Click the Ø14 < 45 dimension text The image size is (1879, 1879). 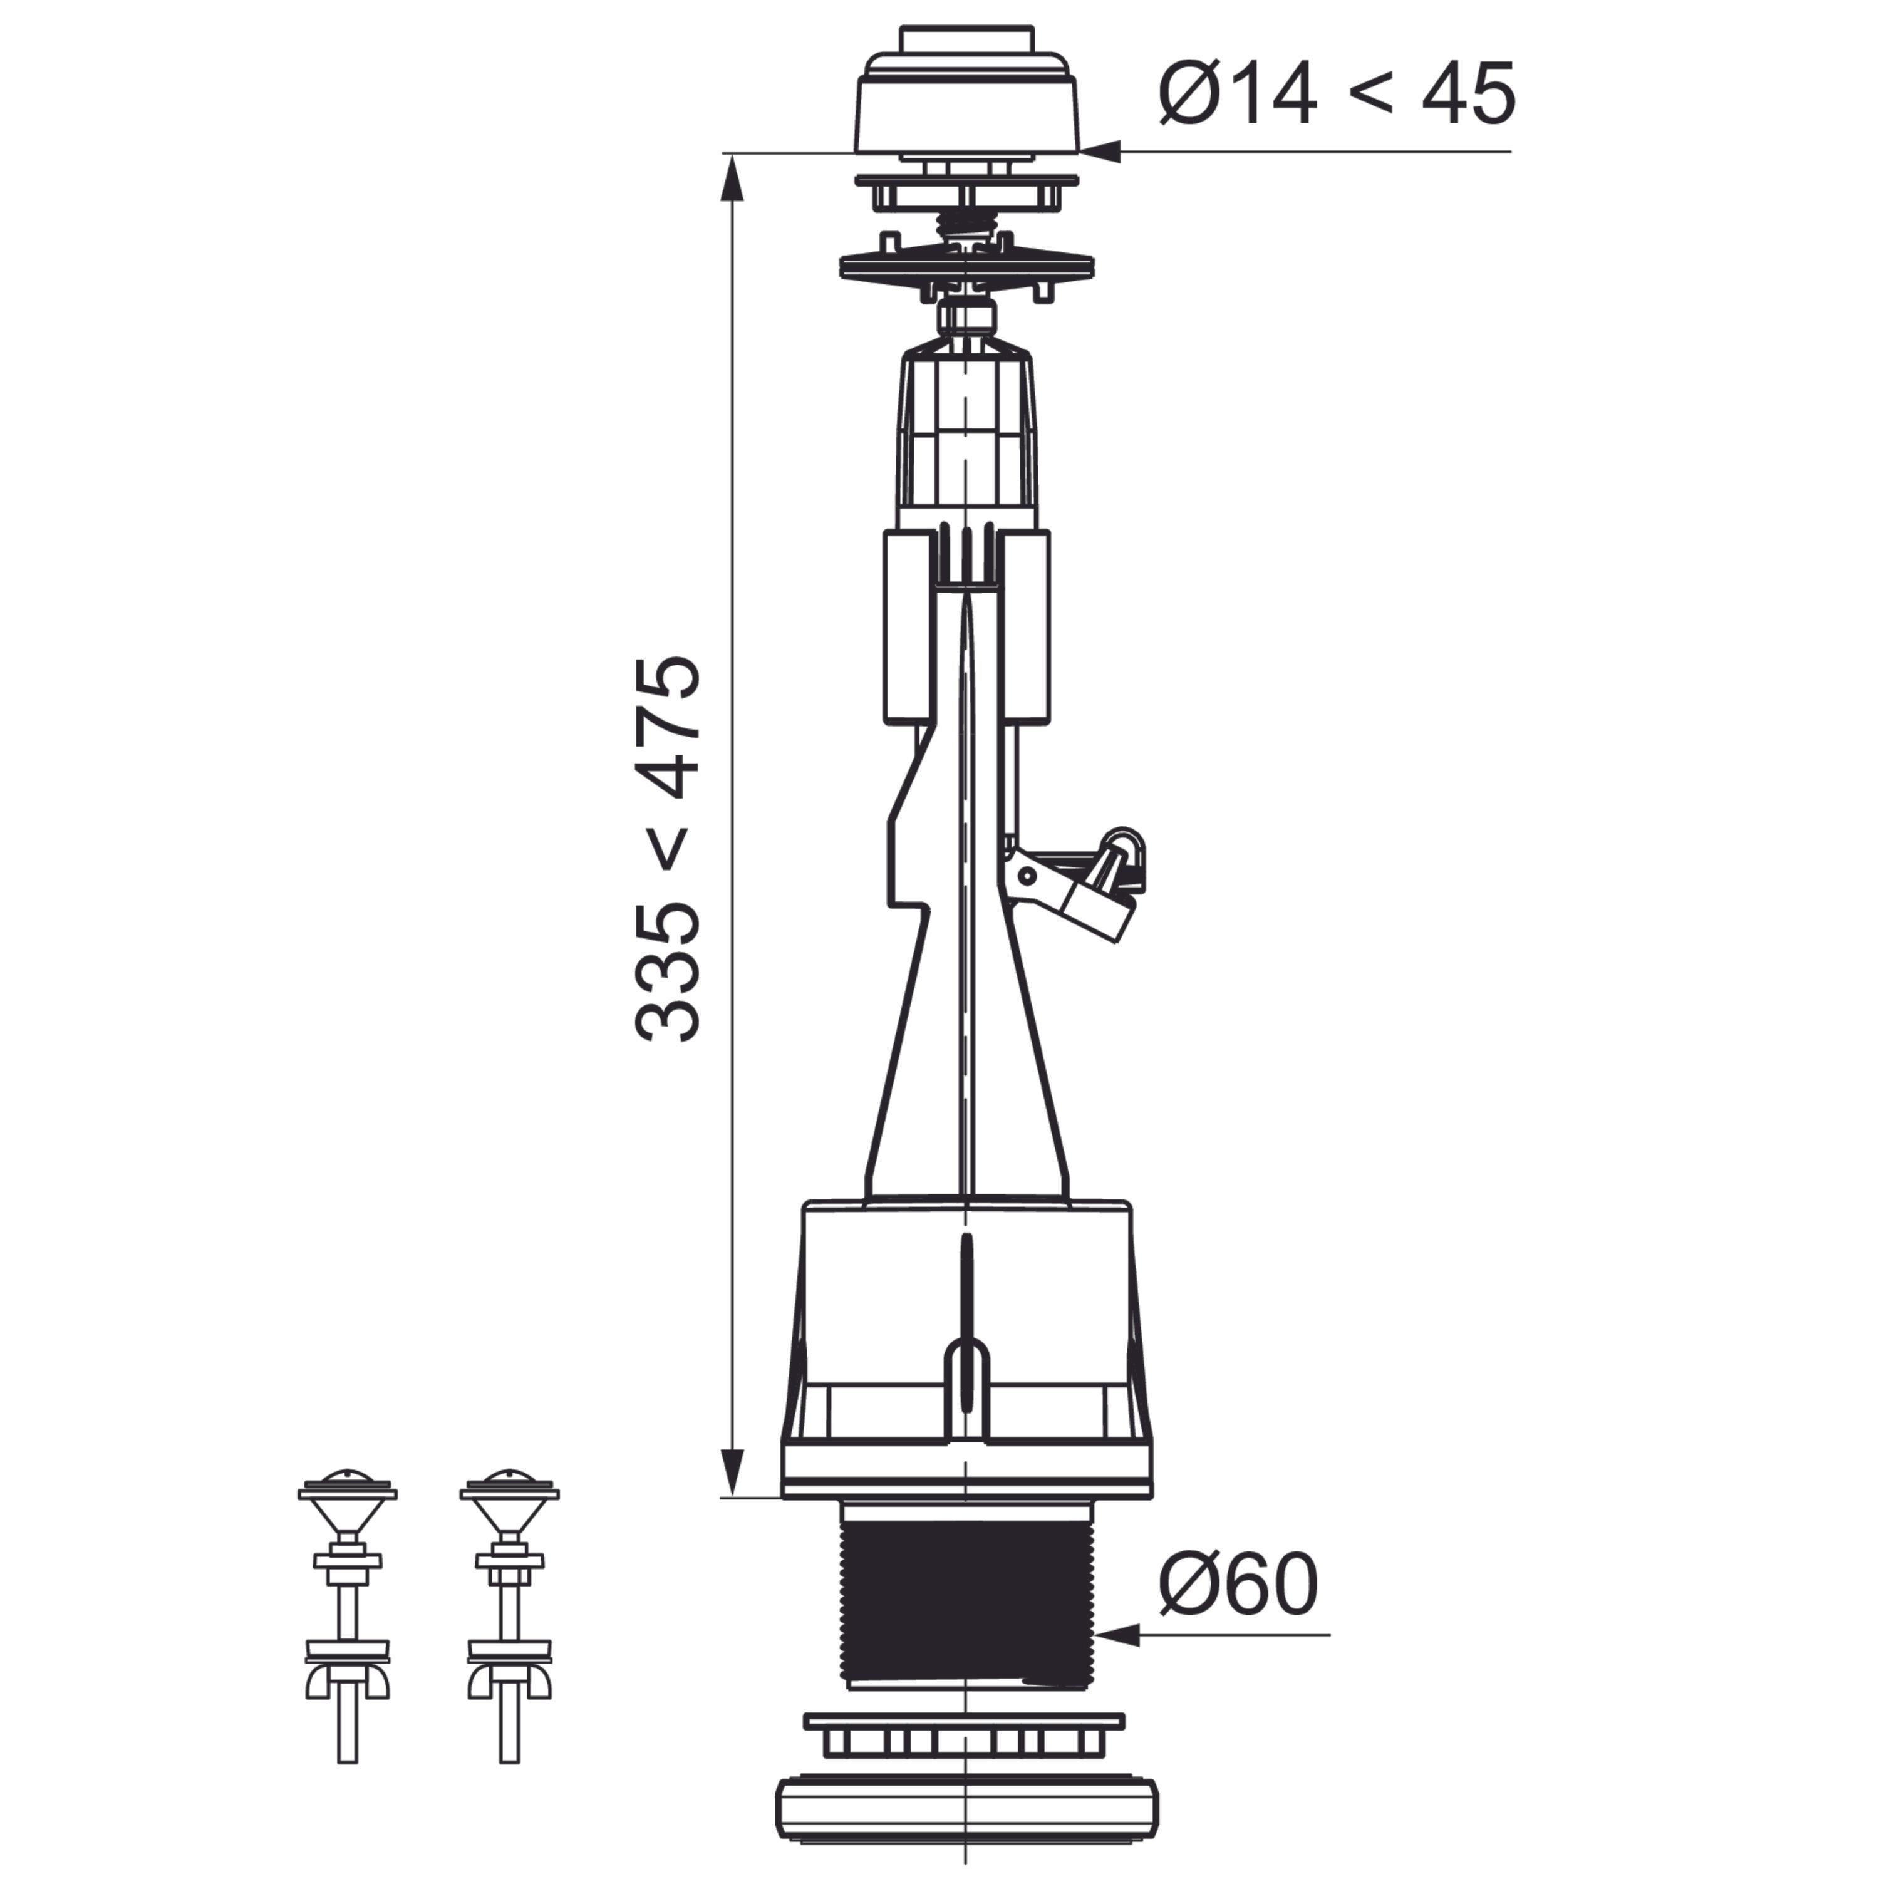(x=1337, y=93)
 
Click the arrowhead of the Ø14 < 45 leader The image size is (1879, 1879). (x=1100, y=152)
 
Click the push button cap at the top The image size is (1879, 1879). (x=966, y=93)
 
